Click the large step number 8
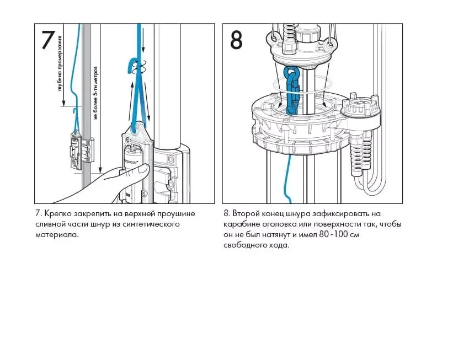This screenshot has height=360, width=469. pos(236,40)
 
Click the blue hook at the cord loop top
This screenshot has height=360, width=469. pos(133,66)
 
